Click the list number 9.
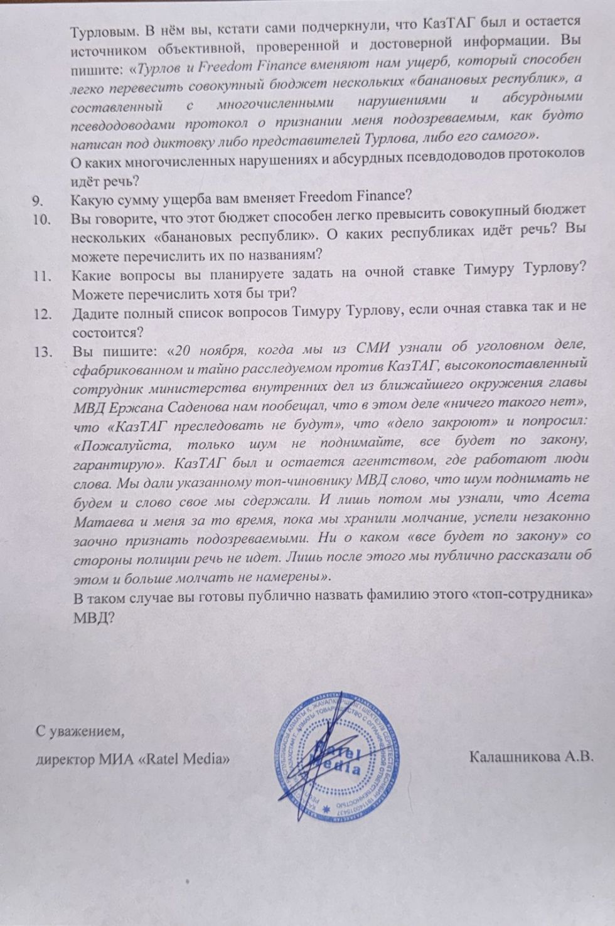[38, 201]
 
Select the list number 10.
[41, 220]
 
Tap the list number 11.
[42, 276]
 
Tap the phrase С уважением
[76, 731]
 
